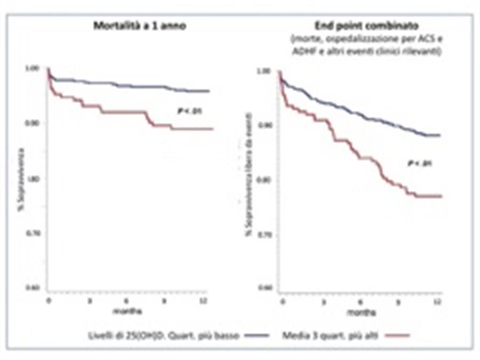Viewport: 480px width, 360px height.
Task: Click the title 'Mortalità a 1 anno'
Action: (x=140, y=26)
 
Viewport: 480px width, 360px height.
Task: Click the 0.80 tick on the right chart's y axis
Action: (x=265, y=179)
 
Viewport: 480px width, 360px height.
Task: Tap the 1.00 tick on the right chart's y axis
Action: (x=265, y=70)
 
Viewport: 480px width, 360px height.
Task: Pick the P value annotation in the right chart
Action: (x=419, y=163)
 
